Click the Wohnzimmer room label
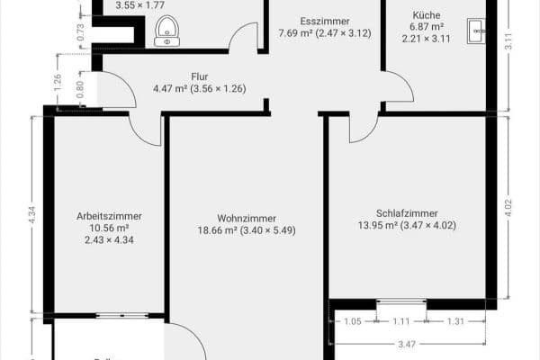click(246, 218)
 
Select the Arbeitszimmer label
click(109, 216)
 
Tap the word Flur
click(200, 76)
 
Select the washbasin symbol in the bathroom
click(166, 32)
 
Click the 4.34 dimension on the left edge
click(32, 215)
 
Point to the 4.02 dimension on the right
click(508, 207)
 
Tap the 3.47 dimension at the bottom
click(408, 344)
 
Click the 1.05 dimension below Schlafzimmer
click(352, 321)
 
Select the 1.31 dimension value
click(456, 321)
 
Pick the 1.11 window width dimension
click(400, 321)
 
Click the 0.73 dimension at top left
click(81, 33)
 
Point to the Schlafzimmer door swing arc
click(362, 129)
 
